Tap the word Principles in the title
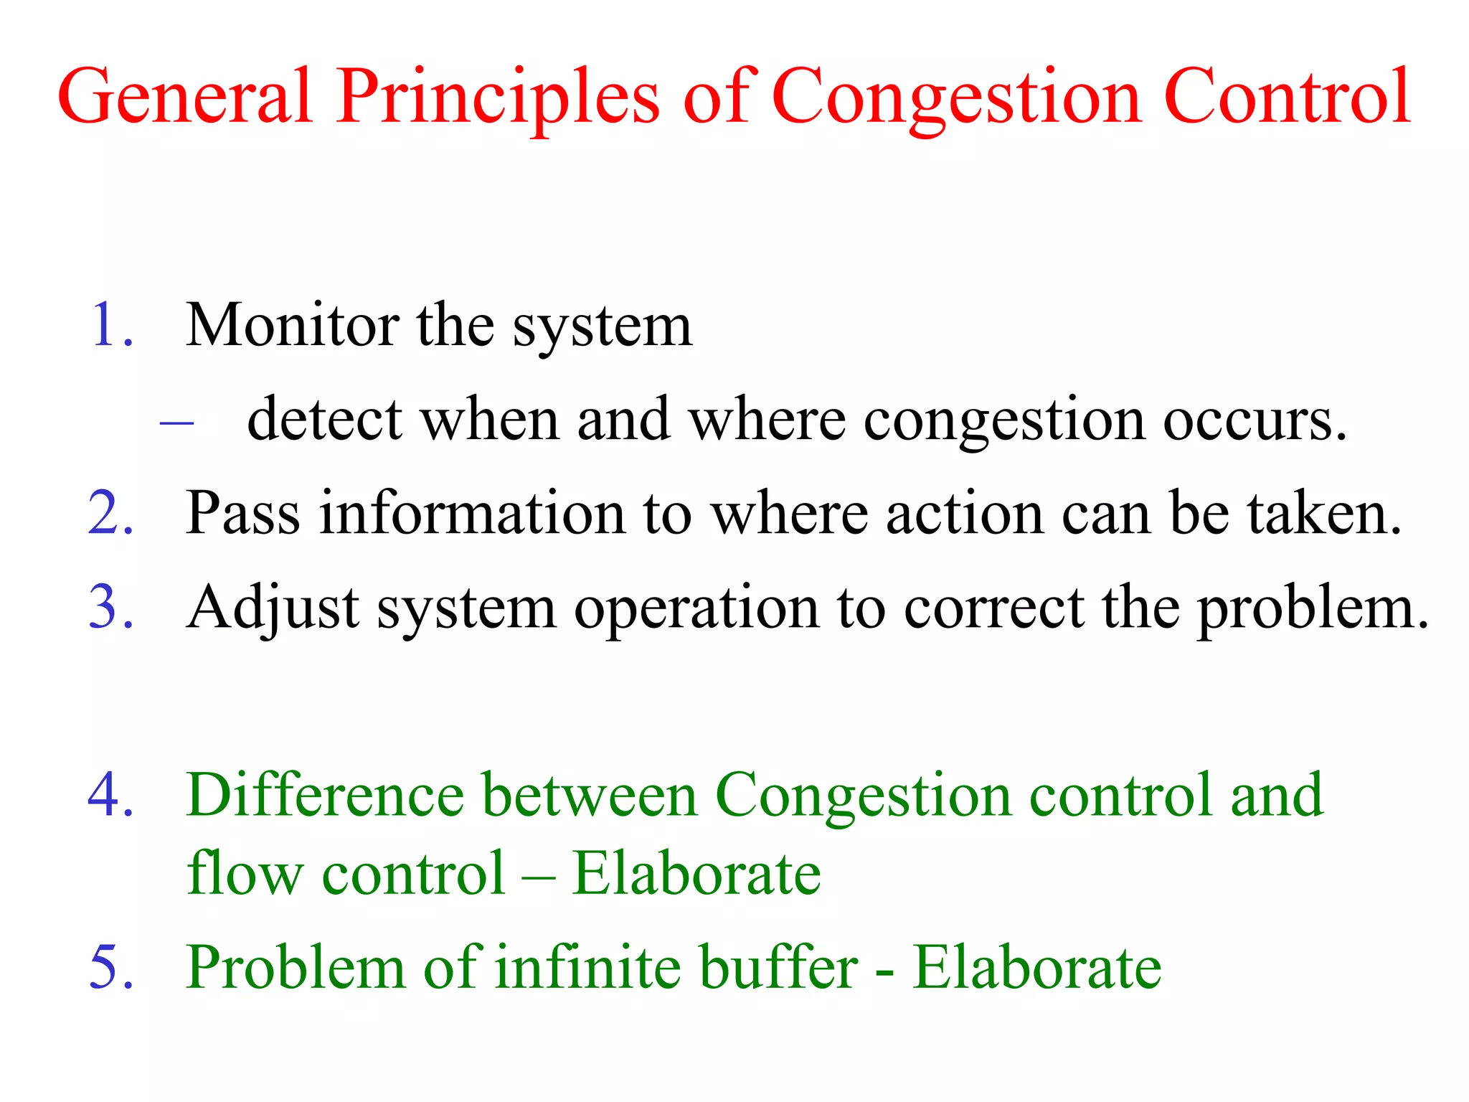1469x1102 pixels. click(498, 97)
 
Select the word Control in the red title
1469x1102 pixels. click(1288, 97)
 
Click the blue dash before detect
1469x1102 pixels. click(176, 423)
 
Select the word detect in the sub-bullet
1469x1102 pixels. click(324, 420)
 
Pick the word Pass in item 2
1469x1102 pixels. click(242, 514)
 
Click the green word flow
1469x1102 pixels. click(245, 874)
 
